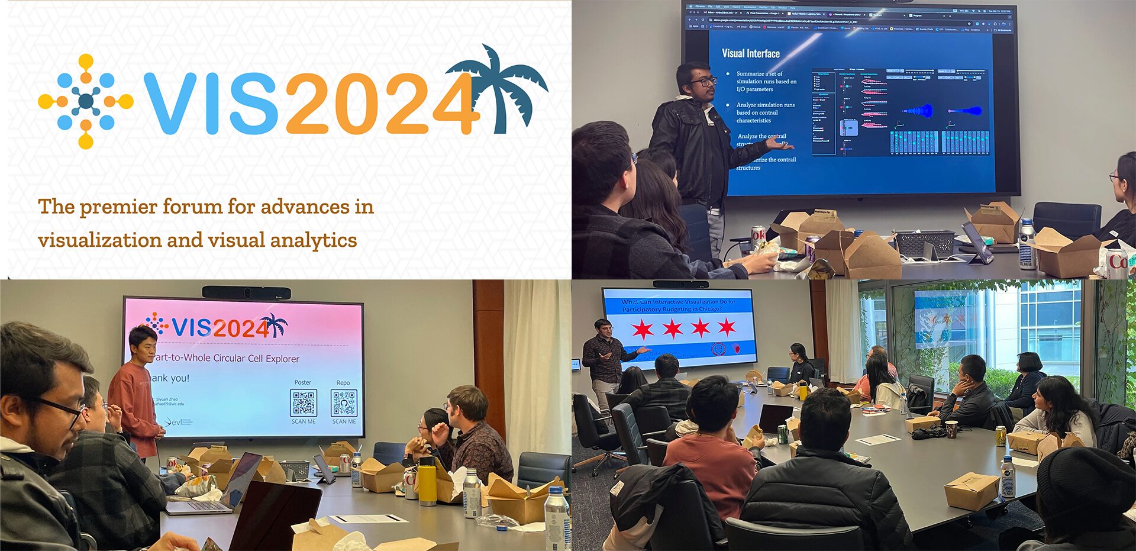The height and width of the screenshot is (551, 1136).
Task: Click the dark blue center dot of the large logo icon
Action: [x=86, y=101]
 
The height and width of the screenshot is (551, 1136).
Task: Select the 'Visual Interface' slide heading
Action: [x=750, y=53]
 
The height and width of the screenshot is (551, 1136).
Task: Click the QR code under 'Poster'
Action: [x=303, y=403]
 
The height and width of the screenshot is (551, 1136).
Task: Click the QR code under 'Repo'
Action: [x=344, y=403]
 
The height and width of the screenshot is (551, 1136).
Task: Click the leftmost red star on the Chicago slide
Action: [x=642, y=328]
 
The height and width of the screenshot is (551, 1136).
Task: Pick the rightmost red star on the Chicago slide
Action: [x=727, y=327]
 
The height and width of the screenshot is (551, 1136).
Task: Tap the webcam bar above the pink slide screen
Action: [x=246, y=292]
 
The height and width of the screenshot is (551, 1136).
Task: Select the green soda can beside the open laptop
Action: [x=782, y=434]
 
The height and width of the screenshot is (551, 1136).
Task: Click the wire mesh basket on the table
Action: [x=924, y=243]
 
